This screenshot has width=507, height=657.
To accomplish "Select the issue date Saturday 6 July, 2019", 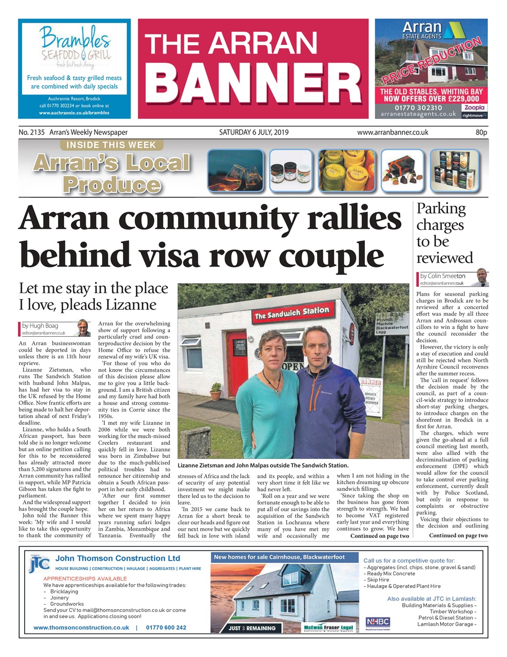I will tap(254, 132).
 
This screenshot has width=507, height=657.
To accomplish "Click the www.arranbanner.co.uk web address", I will tap(393, 132).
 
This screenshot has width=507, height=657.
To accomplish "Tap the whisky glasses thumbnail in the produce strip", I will tap(235, 170).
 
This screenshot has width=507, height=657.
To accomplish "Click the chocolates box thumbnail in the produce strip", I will tap(402, 170).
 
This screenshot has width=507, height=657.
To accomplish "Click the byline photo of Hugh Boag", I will tap(83, 327).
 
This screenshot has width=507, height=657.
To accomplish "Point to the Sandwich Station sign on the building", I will tap(291, 313).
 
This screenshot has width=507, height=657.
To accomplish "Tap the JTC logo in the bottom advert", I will tap(39, 563).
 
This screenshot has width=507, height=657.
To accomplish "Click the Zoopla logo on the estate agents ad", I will tap(473, 108).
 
